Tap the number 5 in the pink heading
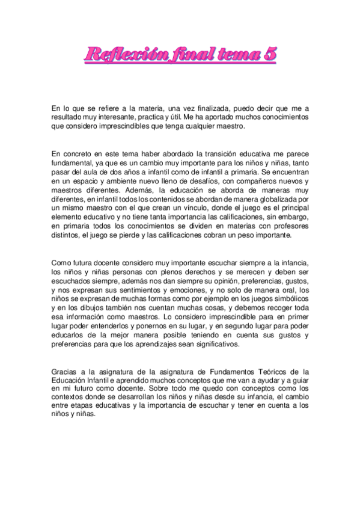270,55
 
